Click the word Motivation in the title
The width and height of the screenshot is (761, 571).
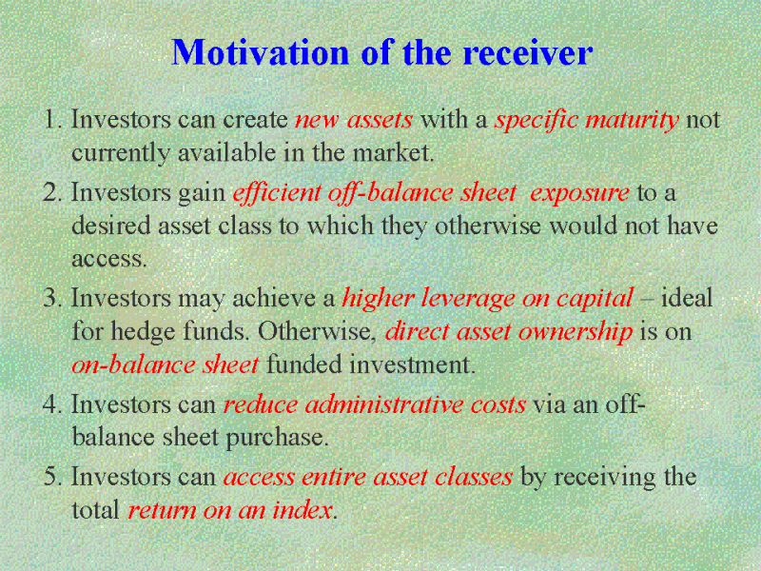[261, 52]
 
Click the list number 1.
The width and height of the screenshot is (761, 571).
[52, 120]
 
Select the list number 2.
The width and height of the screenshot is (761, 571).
[52, 192]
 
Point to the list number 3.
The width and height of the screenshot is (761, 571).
[52, 298]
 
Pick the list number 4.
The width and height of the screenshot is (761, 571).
[52, 404]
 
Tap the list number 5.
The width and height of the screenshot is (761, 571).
[52, 477]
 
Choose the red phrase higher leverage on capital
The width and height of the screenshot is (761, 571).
[488, 299]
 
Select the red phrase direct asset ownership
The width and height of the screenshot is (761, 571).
[509, 332]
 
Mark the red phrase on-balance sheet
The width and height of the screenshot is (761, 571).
[165, 365]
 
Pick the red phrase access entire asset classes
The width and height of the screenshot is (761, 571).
[368, 478]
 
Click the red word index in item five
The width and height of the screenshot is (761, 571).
[302, 510]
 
